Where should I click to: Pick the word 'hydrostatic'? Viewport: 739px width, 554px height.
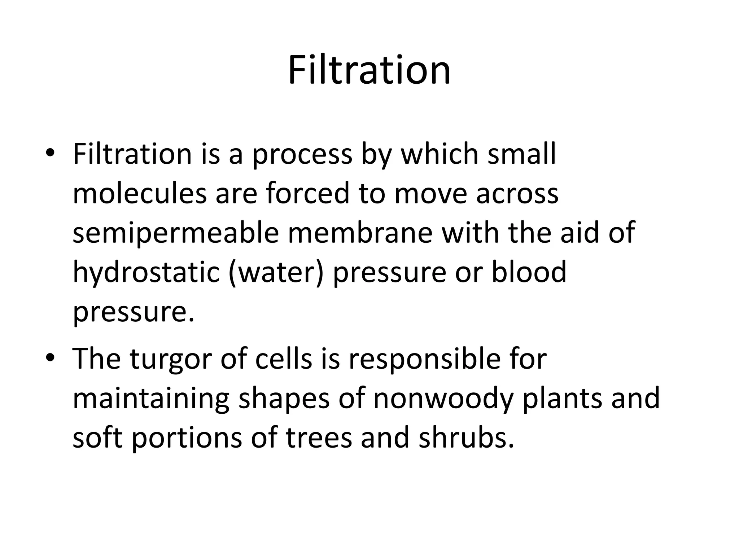pos(146,273)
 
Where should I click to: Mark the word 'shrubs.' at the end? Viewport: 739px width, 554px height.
pos(466,437)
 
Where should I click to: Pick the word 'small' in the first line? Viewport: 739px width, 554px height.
pos(522,154)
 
